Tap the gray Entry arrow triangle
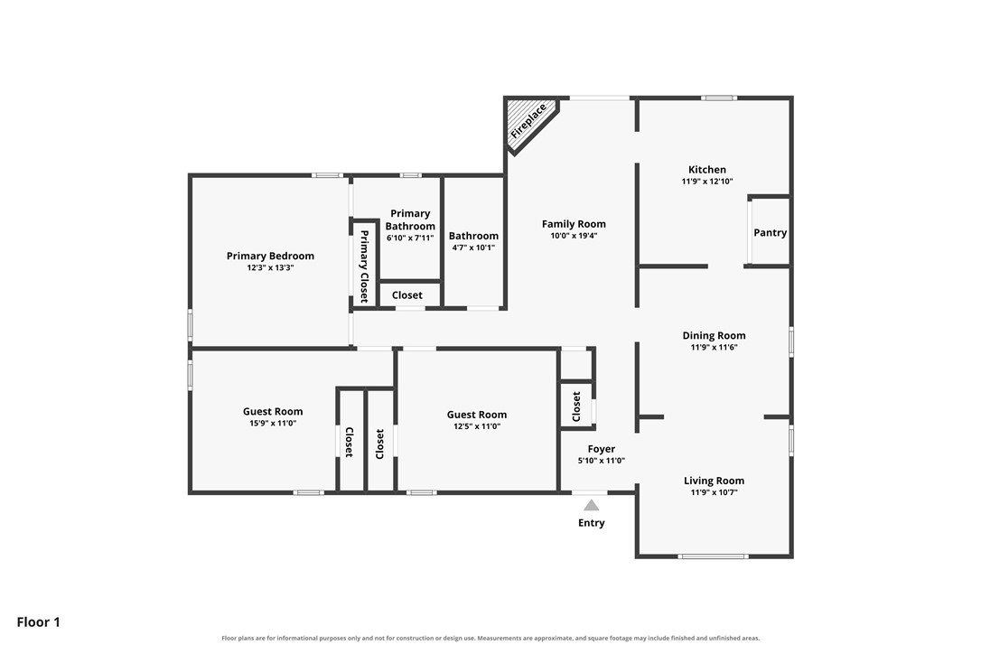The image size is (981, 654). click(592, 505)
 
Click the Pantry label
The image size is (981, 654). click(771, 233)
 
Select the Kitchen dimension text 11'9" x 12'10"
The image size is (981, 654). click(707, 182)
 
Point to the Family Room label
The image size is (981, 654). click(574, 224)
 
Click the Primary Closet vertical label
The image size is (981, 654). click(363, 266)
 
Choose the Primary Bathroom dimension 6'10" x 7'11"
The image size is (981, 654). click(410, 238)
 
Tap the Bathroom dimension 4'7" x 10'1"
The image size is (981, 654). click(473, 248)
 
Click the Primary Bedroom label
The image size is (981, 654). click(270, 256)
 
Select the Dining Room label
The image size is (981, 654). click(714, 335)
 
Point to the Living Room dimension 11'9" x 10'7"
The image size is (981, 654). click(714, 492)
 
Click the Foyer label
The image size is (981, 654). click(602, 449)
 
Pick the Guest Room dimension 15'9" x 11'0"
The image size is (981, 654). click(273, 424)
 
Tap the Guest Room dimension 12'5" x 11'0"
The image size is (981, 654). click(477, 427)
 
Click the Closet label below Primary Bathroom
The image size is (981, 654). click(407, 295)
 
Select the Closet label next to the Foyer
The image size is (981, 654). click(576, 406)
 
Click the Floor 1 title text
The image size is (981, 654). click(38, 622)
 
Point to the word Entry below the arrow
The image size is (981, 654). click(592, 523)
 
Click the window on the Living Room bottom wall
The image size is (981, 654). click(714, 556)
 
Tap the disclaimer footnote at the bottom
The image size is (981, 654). click(490, 639)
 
